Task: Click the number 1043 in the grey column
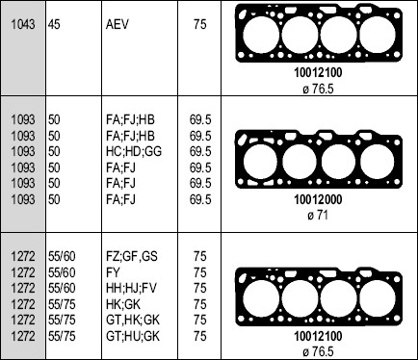tap(23, 24)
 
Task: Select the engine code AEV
tap(117, 24)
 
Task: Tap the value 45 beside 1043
tap(54, 24)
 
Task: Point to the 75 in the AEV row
tap(199, 24)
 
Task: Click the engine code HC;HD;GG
tap(134, 151)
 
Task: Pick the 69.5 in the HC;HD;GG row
tap(200, 151)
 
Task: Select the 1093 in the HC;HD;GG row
tap(23, 151)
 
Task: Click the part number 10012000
tap(318, 199)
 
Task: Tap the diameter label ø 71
tap(318, 215)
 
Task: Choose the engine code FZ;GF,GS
tap(132, 256)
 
